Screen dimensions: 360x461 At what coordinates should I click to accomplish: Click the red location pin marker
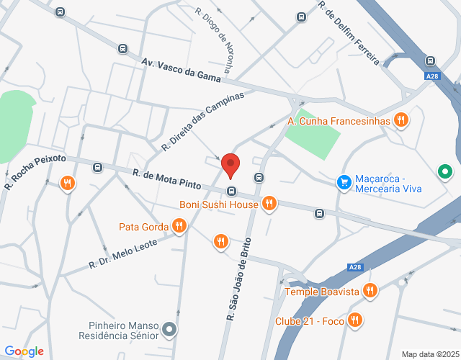pos(230,165)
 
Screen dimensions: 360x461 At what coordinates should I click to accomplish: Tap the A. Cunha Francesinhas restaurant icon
pos(401,120)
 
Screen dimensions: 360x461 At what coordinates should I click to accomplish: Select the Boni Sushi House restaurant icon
pos(268,204)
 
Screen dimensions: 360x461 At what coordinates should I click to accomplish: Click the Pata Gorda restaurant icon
pos(179,228)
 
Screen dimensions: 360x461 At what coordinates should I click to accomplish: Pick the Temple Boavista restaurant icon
pos(370,291)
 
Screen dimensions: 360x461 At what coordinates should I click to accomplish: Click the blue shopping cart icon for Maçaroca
pos(344,182)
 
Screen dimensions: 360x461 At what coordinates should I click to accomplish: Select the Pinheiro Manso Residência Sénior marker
pos(170,330)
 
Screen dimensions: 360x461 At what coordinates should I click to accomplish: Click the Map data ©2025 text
pos(429,354)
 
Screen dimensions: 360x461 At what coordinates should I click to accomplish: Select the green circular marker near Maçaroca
pos(445,172)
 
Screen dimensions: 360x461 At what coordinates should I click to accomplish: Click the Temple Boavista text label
pos(322,292)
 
